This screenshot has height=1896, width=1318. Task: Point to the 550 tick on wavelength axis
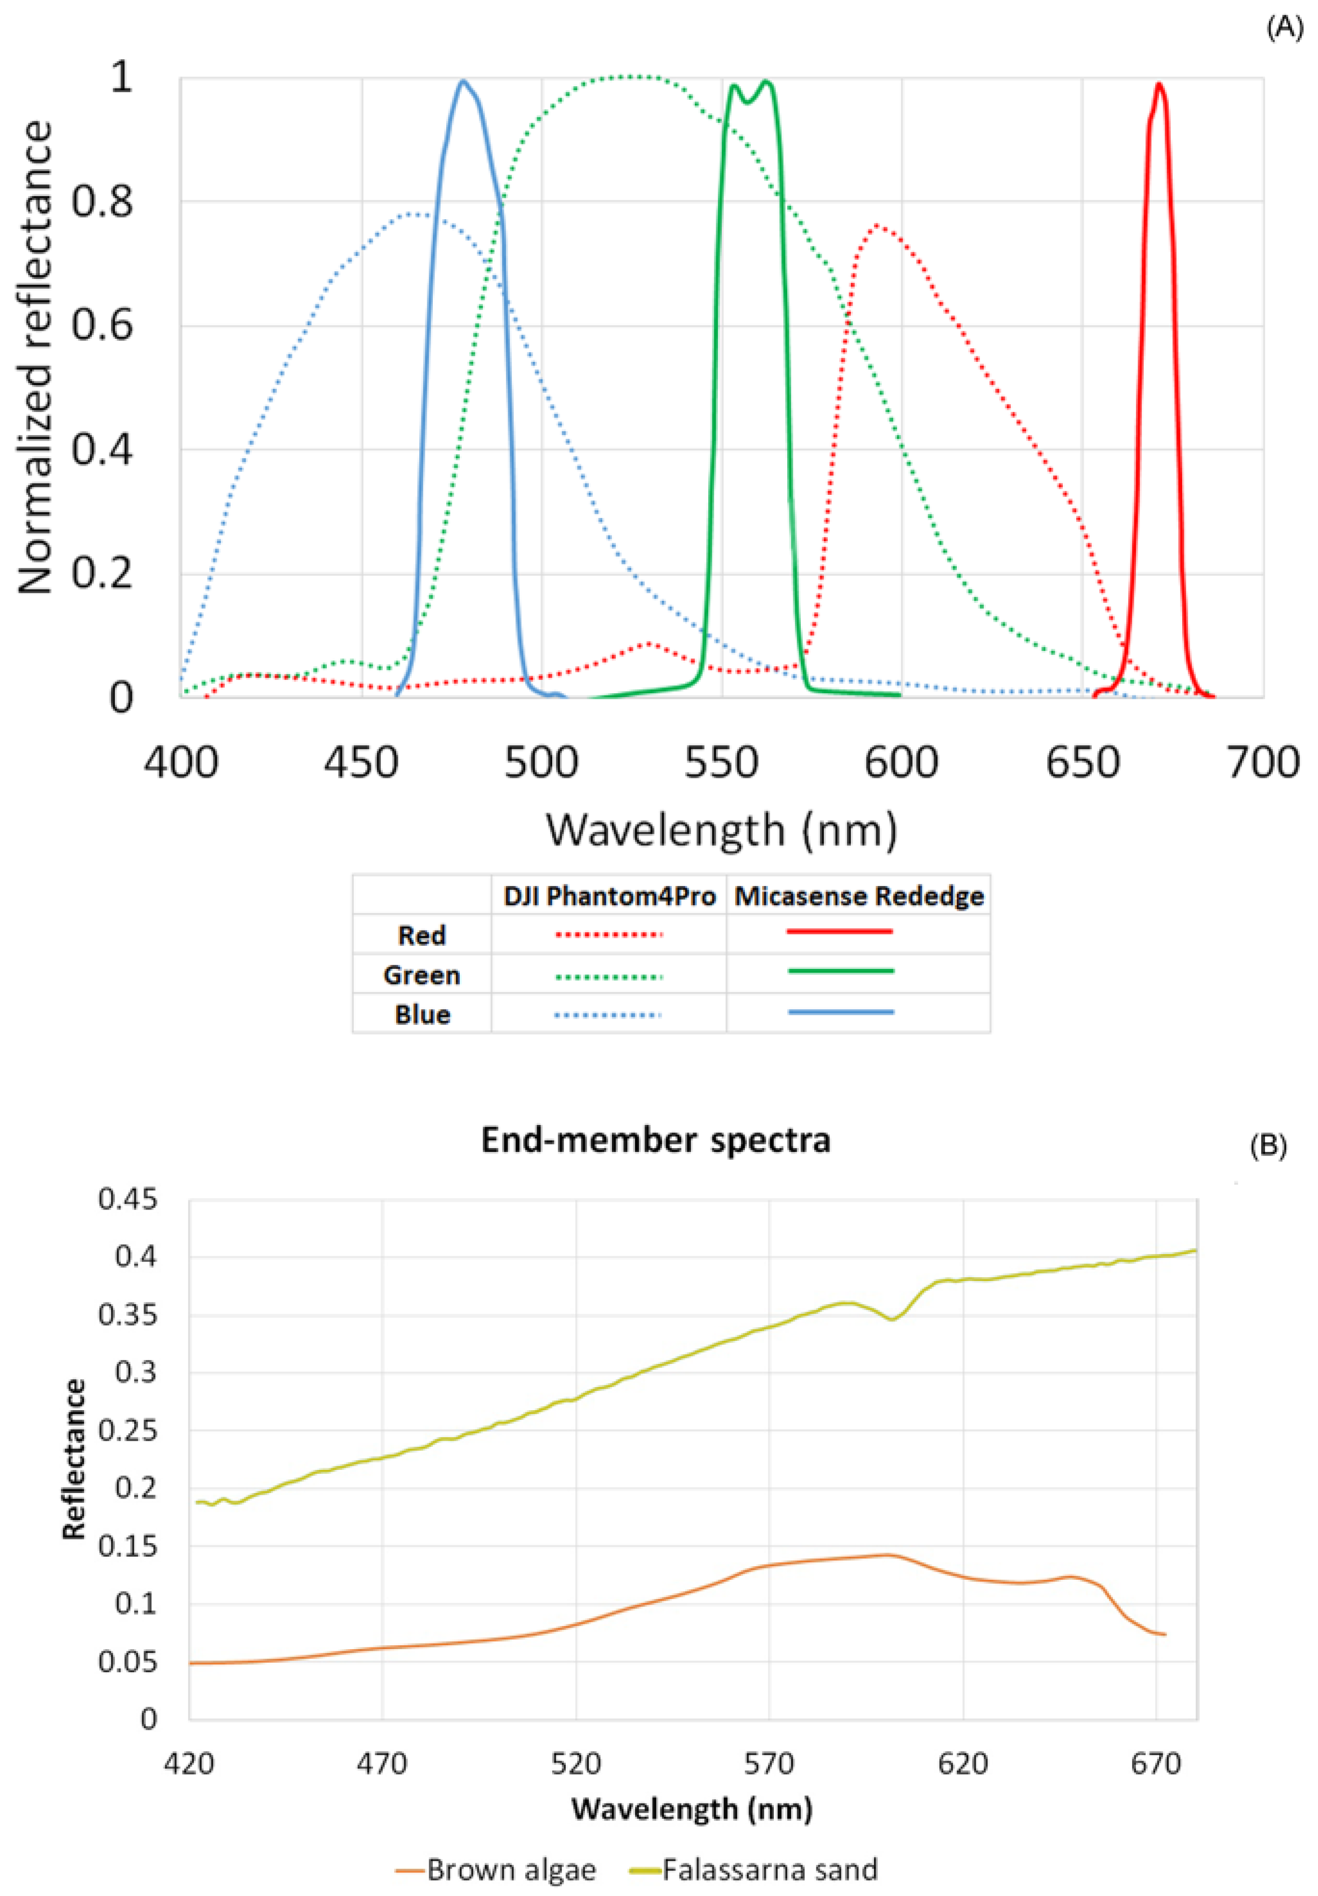click(x=721, y=762)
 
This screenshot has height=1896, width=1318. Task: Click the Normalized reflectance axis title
click(x=35, y=357)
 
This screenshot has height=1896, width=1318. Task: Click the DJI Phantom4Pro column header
click(x=609, y=896)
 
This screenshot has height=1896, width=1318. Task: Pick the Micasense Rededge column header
click(x=859, y=896)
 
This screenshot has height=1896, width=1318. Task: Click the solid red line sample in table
click(x=840, y=932)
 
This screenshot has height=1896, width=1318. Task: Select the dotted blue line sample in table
click(x=608, y=1015)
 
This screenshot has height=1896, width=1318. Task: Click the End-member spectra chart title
click(x=656, y=1140)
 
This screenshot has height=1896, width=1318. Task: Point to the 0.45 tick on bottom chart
click(x=127, y=1200)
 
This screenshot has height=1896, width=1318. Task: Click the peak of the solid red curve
click(x=1160, y=83)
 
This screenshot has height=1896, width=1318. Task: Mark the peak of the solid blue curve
click(x=463, y=81)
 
